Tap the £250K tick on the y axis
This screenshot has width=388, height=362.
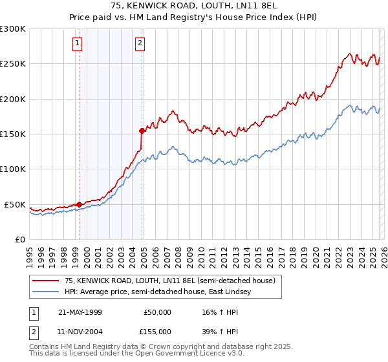13,64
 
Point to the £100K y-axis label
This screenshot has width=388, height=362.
13,169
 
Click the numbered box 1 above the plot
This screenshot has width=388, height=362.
77,43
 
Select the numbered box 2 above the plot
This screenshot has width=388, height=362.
139,43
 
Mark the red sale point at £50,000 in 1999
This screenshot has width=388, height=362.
79,204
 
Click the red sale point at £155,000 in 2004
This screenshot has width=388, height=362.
142,131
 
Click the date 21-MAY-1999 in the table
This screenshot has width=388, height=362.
80,312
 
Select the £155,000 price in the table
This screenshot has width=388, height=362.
157,331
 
